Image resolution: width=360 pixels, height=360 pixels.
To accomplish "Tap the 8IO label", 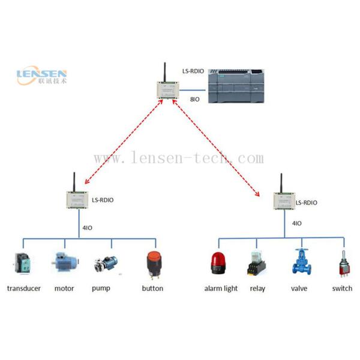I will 194,99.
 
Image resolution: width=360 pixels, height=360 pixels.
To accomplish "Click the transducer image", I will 23,265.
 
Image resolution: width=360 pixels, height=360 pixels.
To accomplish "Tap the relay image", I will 257,264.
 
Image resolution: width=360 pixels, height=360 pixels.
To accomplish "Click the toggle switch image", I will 343,264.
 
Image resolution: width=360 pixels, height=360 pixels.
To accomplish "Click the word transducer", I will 24,289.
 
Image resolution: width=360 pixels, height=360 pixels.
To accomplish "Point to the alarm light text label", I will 221,289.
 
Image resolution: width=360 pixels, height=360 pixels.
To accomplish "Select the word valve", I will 300,289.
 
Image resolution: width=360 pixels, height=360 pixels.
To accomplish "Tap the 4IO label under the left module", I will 86,226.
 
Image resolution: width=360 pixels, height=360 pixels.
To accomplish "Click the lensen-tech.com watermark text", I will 179,159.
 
